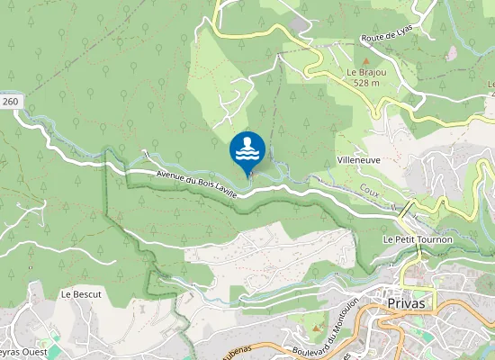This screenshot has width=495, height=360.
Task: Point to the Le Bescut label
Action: click(x=81, y=294)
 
